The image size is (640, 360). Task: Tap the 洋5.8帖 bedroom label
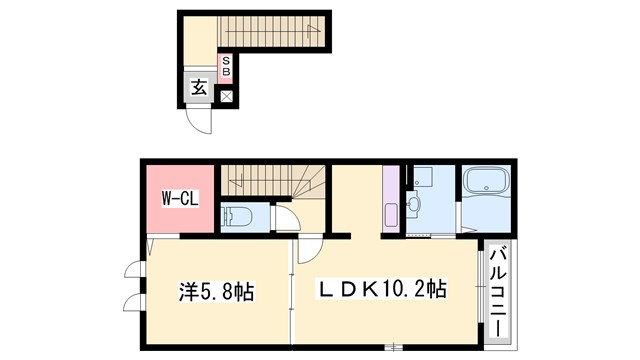(x=217, y=292)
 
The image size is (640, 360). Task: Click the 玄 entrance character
(x=198, y=88)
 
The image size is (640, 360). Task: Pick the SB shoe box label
(x=226, y=66)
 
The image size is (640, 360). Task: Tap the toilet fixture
(x=238, y=216)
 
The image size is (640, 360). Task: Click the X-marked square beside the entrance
(x=226, y=97)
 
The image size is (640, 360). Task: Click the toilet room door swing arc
(x=285, y=220)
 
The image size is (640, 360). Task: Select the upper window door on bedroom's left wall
(x=134, y=271)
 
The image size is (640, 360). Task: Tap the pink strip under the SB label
(x=226, y=81)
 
